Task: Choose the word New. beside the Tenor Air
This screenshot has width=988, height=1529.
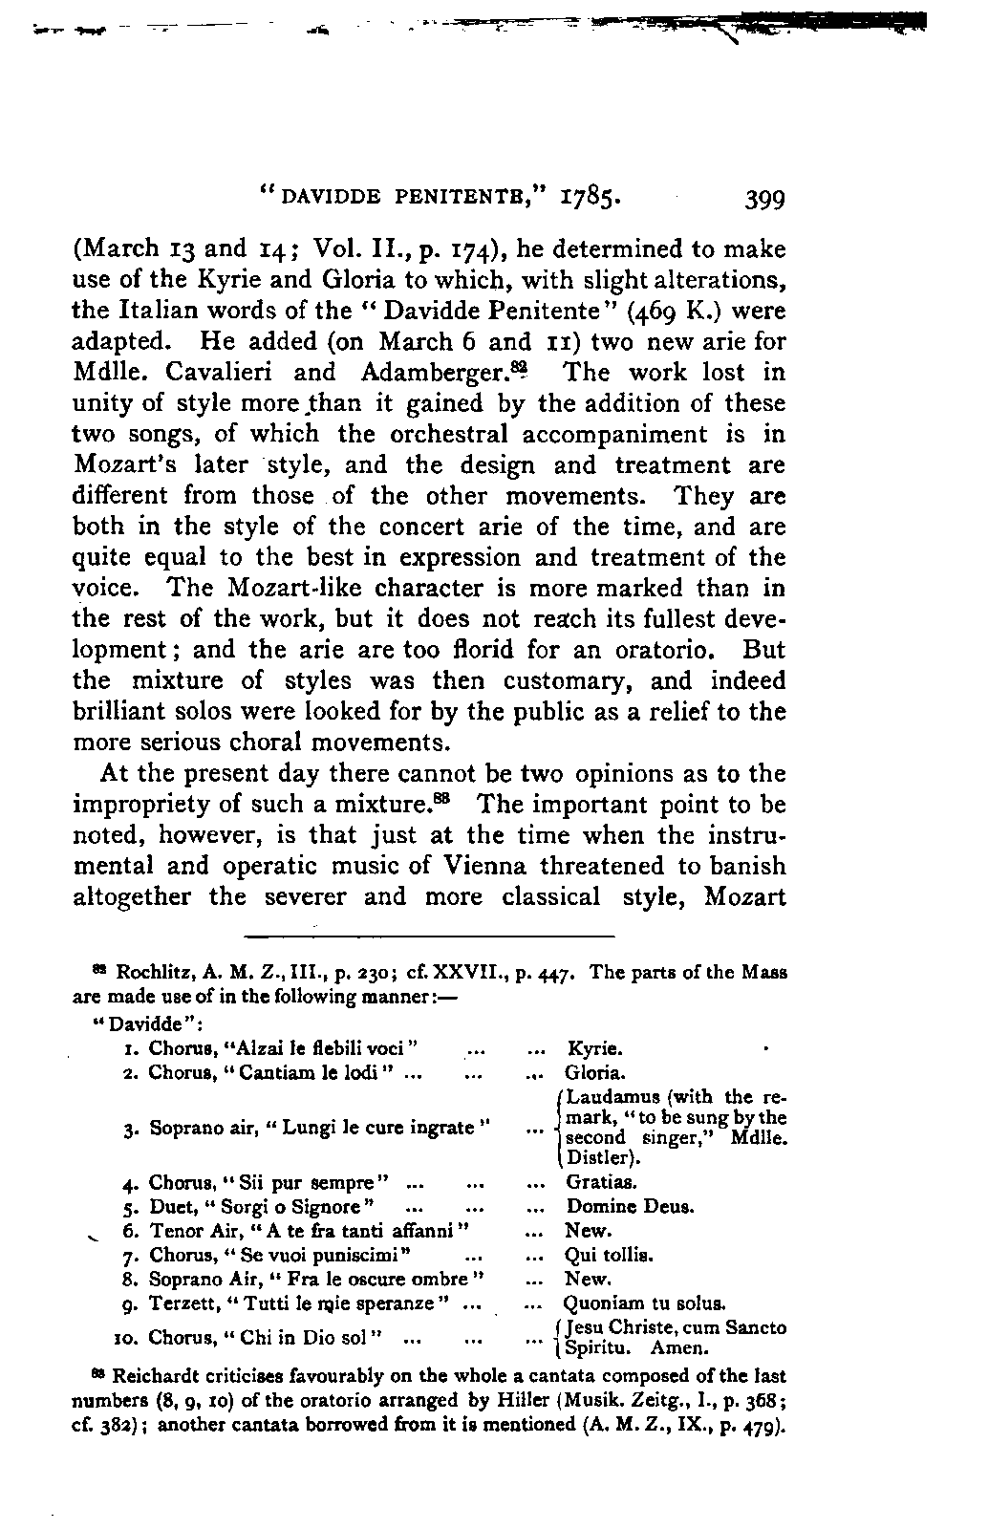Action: pos(588,1231)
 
